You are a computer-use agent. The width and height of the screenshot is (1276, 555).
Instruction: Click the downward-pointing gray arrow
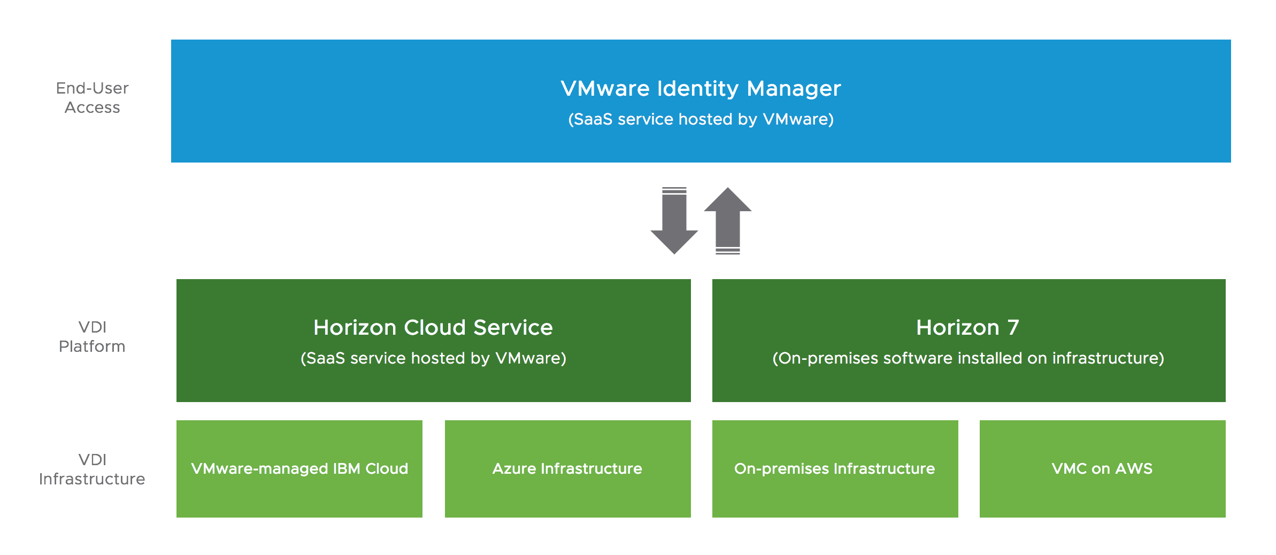pyautogui.click(x=674, y=221)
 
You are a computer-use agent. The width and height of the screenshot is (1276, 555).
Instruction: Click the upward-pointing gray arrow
pyautogui.click(x=728, y=221)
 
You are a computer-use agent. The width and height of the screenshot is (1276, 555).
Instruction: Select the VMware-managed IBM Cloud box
pyautogui.click(x=299, y=468)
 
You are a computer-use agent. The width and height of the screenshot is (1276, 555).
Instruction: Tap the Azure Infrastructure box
pyautogui.click(x=567, y=468)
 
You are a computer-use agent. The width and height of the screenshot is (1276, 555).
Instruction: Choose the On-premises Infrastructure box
pyautogui.click(x=835, y=468)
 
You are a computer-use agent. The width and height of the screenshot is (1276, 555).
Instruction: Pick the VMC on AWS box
pyautogui.click(x=1102, y=468)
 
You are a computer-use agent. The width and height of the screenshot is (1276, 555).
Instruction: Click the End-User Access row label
pyautogui.click(x=93, y=98)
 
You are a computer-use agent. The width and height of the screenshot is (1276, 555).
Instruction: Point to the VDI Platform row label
pyautogui.click(x=92, y=337)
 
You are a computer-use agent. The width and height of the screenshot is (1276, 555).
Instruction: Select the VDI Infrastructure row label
pyautogui.click(x=92, y=469)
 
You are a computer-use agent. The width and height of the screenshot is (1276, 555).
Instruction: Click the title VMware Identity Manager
pyautogui.click(x=701, y=89)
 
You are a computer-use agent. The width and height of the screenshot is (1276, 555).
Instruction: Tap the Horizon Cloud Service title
pyautogui.click(x=433, y=327)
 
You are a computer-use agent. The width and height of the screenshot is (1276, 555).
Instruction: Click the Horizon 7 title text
pyautogui.click(x=968, y=327)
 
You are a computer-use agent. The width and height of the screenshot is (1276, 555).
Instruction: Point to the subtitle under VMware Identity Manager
pyautogui.click(x=701, y=119)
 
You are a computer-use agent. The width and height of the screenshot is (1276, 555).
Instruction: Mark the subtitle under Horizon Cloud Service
pyautogui.click(x=433, y=358)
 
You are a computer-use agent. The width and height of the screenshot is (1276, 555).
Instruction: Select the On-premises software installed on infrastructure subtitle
pyautogui.click(x=968, y=358)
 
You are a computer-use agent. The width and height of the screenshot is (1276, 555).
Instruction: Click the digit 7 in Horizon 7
pyautogui.click(x=1013, y=327)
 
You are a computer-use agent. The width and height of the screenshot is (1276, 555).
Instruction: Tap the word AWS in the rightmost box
pyautogui.click(x=1134, y=469)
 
